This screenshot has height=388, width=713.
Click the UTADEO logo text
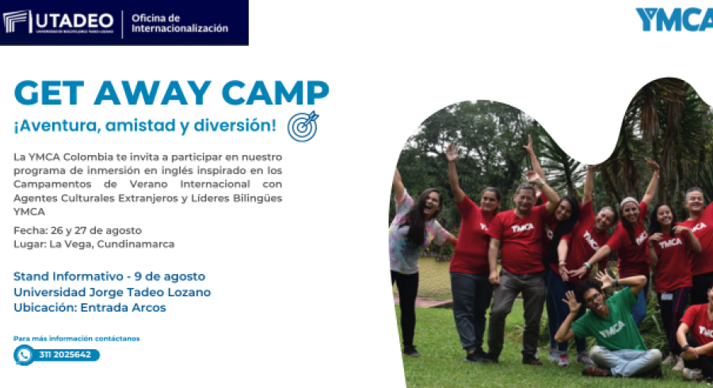tap(74, 21)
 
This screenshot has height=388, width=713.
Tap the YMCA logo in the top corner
tap(674, 19)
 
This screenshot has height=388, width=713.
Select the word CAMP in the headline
tap(275, 93)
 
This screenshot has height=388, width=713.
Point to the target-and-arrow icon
tap(303, 127)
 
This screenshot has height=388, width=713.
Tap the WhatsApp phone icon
tap(24, 355)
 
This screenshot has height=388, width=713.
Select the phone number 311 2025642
tap(65, 355)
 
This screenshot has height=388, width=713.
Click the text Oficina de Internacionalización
tap(180, 23)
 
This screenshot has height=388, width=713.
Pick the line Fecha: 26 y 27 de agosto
tap(78, 230)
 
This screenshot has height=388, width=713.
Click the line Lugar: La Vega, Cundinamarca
tap(93, 244)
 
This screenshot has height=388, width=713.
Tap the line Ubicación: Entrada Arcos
tap(90, 307)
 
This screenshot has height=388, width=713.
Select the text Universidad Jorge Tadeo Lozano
tap(112, 292)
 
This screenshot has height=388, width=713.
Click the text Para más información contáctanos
tap(76, 338)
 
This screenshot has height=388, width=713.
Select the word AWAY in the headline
tap(153, 93)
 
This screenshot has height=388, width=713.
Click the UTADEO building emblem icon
tap(17, 21)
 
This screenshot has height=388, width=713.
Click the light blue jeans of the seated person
tap(625, 359)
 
